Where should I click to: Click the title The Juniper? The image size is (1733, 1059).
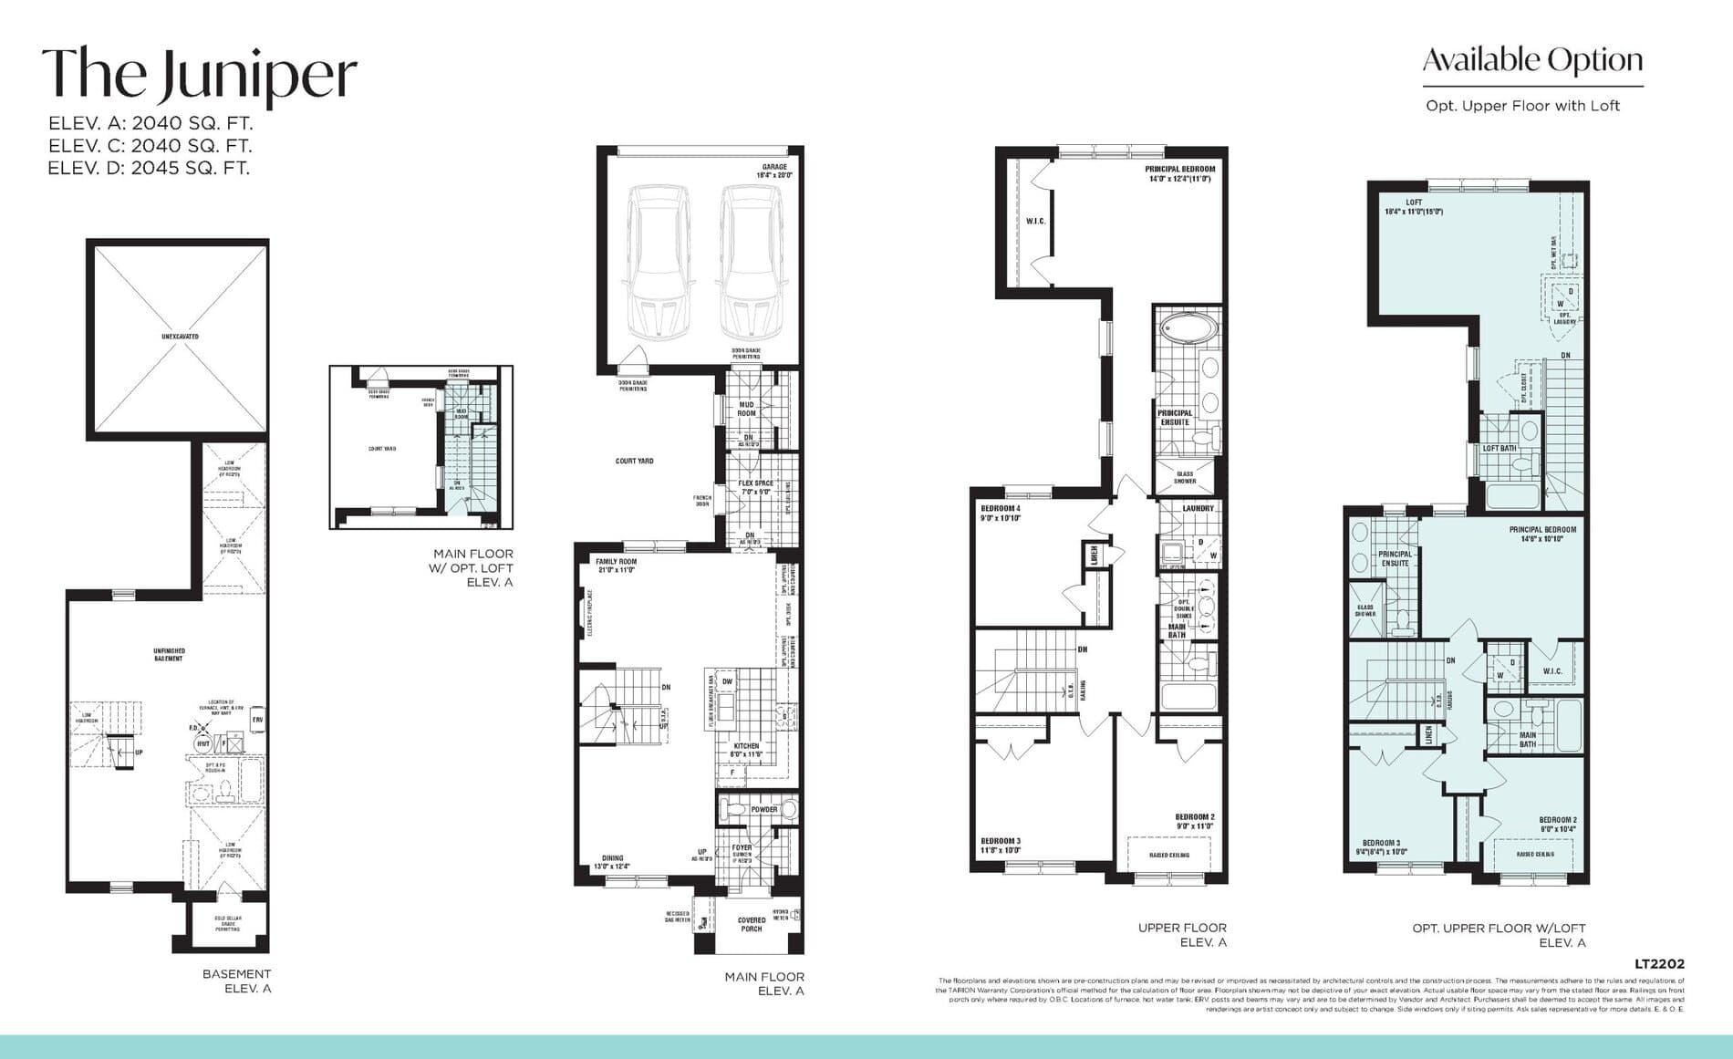[x=199, y=75]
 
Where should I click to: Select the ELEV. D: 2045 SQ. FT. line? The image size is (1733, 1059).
[x=149, y=168]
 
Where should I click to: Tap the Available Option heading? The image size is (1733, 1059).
[x=1532, y=61]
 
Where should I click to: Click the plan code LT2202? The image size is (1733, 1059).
[x=1659, y=963]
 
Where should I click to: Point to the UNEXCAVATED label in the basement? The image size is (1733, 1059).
[x=180, y=337]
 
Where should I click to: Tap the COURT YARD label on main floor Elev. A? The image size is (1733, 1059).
[x=634, y=462]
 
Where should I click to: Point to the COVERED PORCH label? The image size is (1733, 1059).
[x=752, y=924]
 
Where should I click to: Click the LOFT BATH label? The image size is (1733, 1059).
[x=1500, y=448]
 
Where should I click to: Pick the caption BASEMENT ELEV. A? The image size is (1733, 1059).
[x=236, y=981]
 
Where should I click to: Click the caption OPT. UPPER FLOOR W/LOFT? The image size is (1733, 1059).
[x=1499, y=929]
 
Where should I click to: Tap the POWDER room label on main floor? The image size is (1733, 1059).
[x=764, y=809]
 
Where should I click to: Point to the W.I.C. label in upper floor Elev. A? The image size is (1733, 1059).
[x=1035, y=222]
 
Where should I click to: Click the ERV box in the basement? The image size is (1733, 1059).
[x=258, y=720]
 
